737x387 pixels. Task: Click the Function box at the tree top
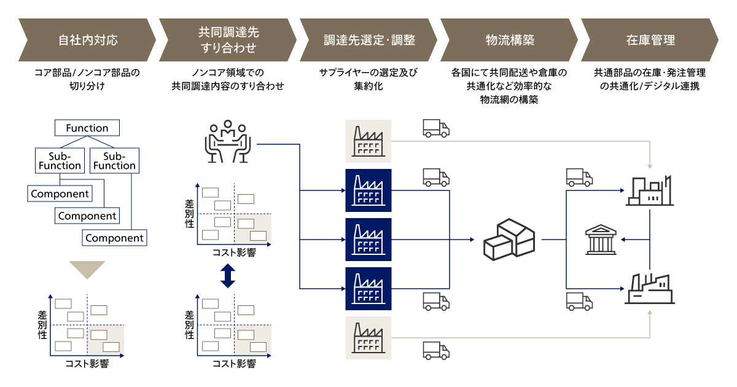87,128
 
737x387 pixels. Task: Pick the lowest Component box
114,238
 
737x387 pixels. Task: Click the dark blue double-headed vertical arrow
227,275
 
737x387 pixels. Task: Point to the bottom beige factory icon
368,338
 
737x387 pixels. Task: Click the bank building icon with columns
602,240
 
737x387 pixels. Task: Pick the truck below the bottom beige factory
436,350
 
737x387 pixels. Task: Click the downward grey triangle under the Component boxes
87,270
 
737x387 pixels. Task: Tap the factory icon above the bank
650,190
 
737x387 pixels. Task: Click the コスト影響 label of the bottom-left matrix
87,364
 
